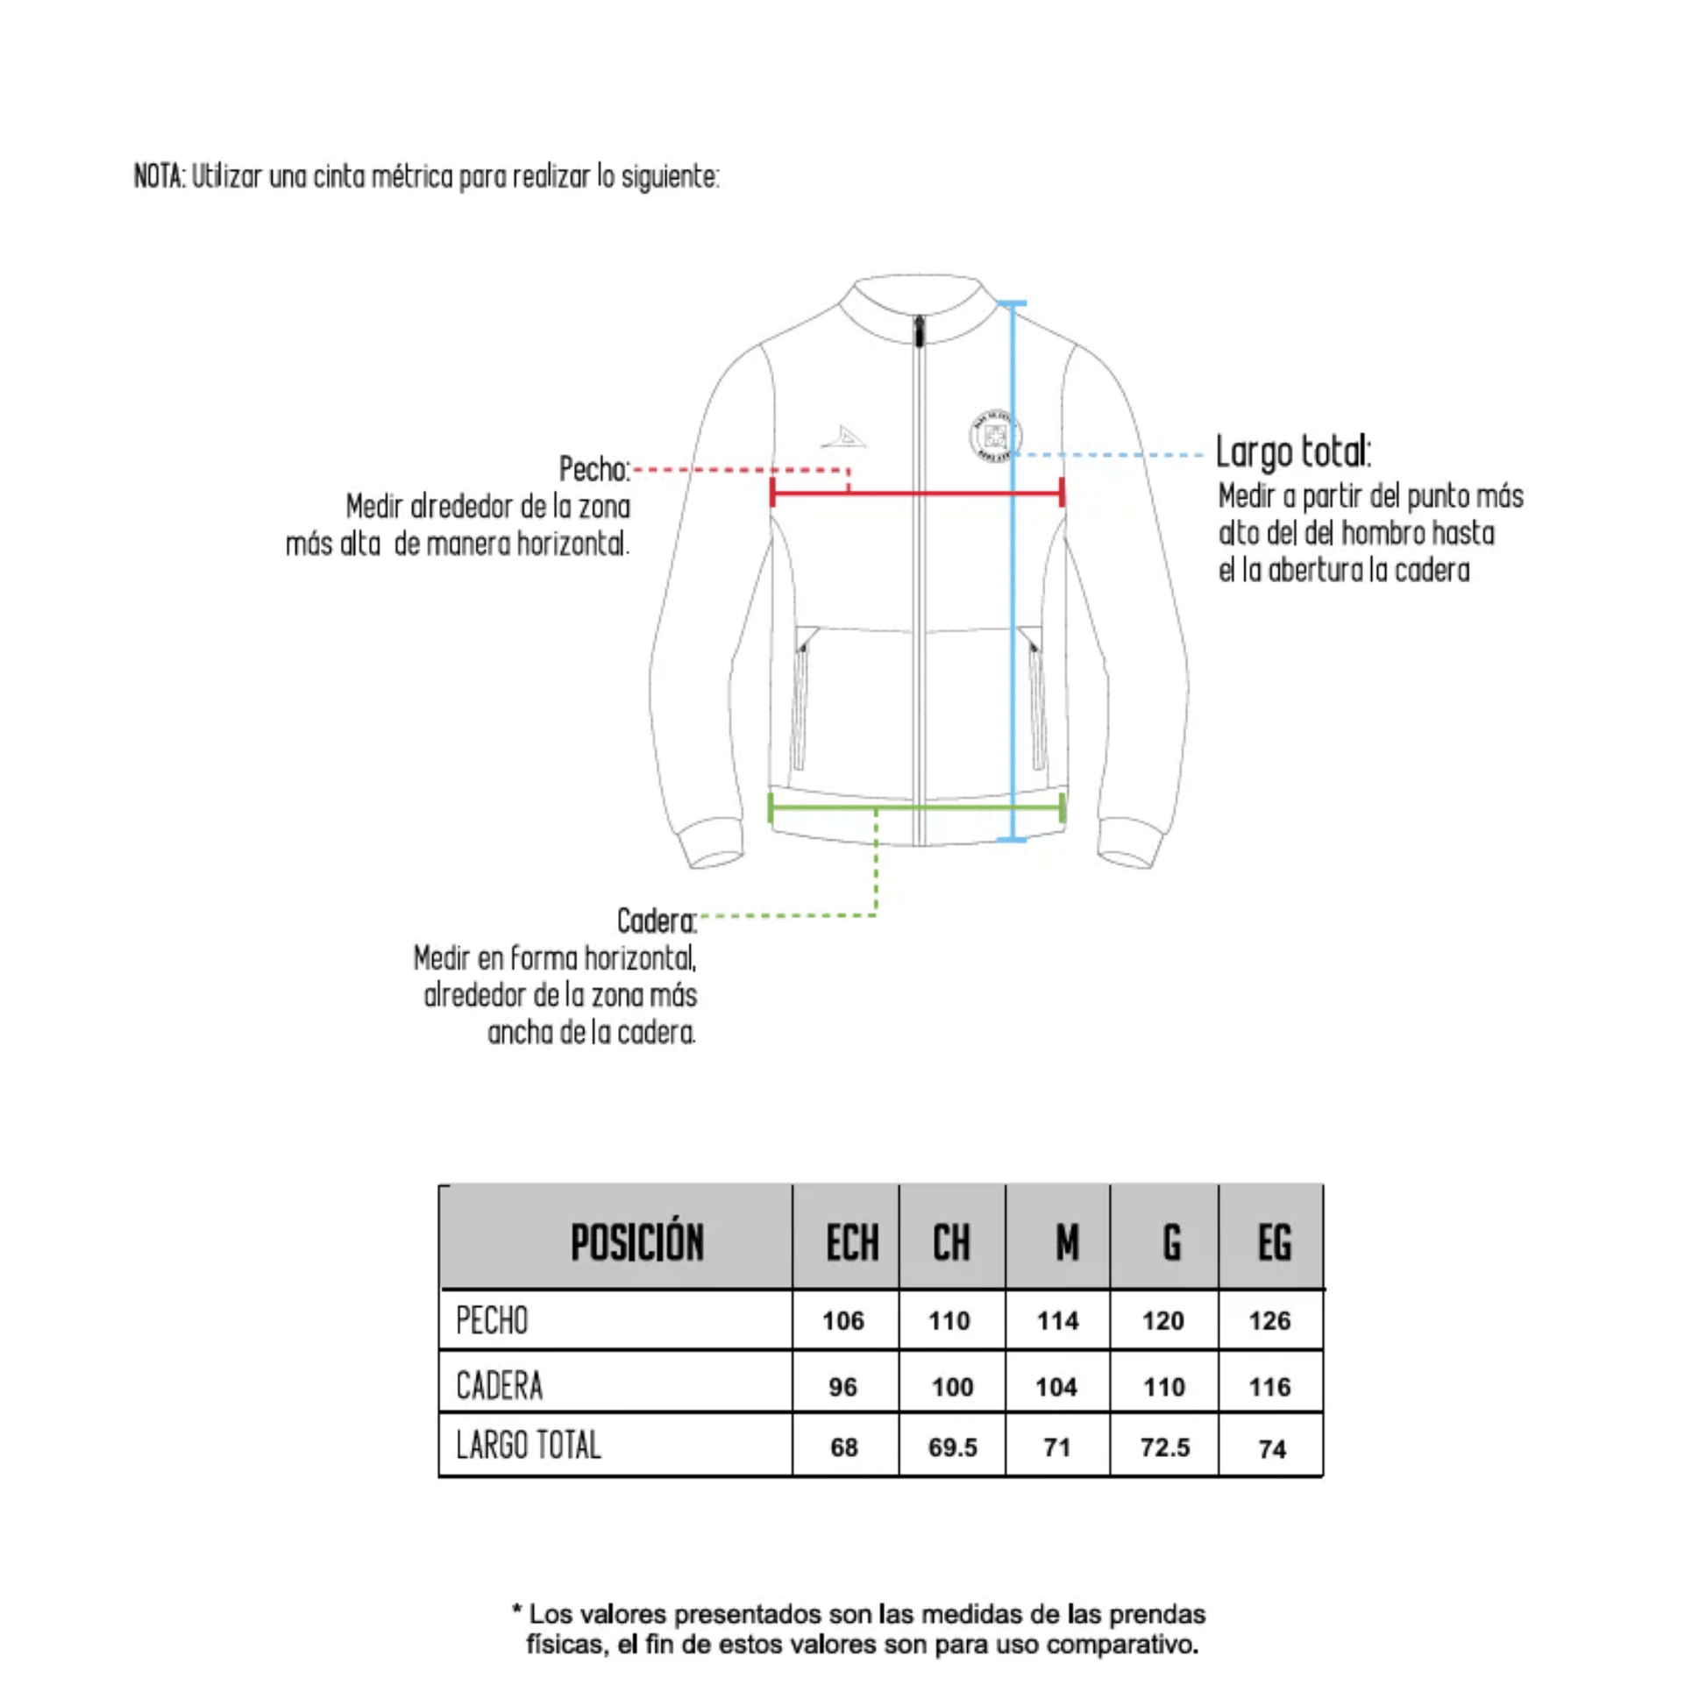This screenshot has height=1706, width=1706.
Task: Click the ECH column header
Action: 851,1243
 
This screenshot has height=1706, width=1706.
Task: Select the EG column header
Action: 1274,1243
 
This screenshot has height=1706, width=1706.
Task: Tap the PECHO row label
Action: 492,1321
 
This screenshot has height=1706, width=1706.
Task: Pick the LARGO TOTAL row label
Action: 528,1446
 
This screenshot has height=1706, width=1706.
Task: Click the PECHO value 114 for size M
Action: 1057,1321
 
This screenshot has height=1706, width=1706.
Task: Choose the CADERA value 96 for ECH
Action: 842,1386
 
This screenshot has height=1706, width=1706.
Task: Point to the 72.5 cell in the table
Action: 1165,1447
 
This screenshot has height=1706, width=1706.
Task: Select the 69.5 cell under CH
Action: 952,1447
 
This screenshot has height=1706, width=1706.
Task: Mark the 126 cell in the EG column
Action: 1269,1321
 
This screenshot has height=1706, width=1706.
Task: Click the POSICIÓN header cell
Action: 636,1243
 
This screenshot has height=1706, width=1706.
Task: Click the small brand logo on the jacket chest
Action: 844,437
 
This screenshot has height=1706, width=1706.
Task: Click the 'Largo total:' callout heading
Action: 1293,451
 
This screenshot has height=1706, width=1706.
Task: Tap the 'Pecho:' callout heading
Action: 594,469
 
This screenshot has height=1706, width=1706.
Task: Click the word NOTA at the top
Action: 159,176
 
